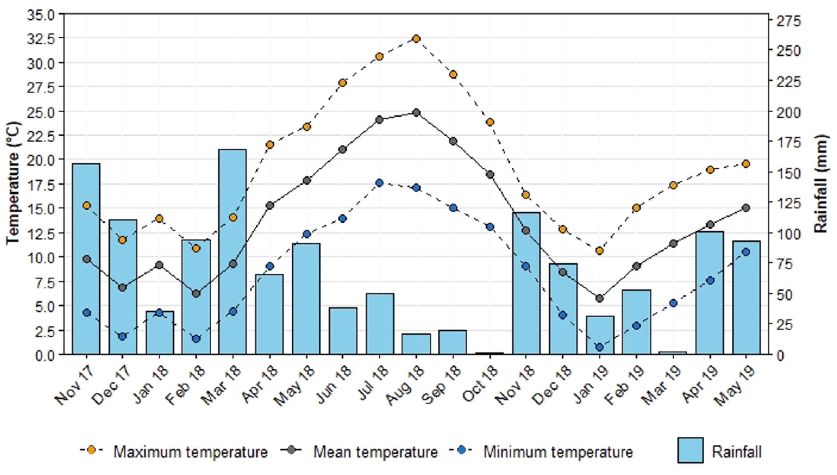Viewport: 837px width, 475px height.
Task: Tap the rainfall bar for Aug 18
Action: [x=416, y=344]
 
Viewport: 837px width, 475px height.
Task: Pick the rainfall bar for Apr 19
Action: [x=709, y=294]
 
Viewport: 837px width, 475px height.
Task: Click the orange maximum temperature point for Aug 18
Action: [x=416, y=39]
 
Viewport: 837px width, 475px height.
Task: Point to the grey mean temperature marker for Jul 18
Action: [x=379, y=120]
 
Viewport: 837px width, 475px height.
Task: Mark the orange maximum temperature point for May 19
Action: [x=746, y=164]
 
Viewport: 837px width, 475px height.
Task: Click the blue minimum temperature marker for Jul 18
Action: [x=379, y=183]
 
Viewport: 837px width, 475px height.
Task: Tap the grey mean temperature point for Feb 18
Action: [x=196, y=294]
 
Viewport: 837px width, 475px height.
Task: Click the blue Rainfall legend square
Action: [x=690, y=451]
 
